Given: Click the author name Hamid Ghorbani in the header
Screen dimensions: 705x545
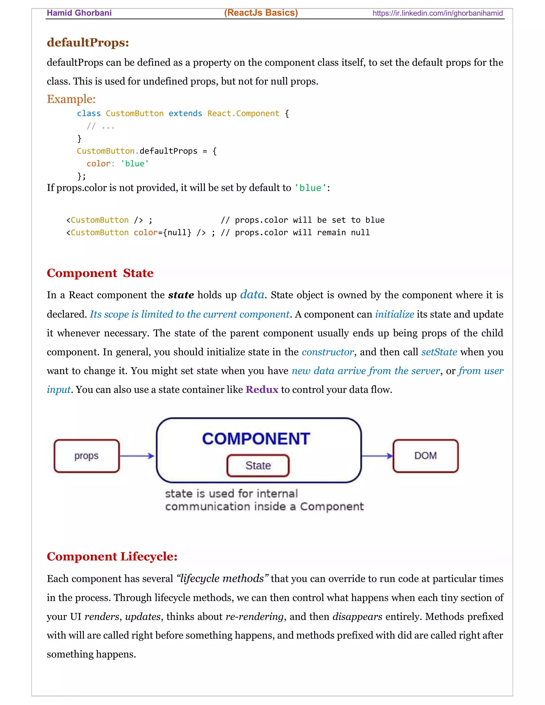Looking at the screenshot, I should [79, 13].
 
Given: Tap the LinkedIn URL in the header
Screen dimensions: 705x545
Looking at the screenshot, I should [437, 13].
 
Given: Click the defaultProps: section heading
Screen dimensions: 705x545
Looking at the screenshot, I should [88, 43].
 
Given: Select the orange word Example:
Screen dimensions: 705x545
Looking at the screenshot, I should [71, 99].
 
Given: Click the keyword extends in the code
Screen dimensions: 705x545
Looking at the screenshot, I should [185, 114].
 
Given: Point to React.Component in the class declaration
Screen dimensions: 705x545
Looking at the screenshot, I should [243, 114].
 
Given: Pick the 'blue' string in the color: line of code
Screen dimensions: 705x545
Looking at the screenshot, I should [135, 164].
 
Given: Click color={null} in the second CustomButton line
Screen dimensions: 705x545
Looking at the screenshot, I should [162, 233].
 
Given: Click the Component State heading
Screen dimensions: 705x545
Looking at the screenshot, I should [100, 273].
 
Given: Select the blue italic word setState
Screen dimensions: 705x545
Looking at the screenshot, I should [439, 352].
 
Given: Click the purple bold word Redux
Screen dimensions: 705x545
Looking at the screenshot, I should [262, 390].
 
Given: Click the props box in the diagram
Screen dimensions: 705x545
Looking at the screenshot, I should [86, 456].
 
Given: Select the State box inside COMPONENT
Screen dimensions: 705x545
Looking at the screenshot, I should [258, 466].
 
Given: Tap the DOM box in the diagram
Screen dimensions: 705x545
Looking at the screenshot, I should [426, 456].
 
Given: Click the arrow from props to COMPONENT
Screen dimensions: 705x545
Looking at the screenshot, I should [137, 456].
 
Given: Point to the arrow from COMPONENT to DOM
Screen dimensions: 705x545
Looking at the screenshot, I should [377, 456].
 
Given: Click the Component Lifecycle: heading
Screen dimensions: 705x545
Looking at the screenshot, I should [112, 557].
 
